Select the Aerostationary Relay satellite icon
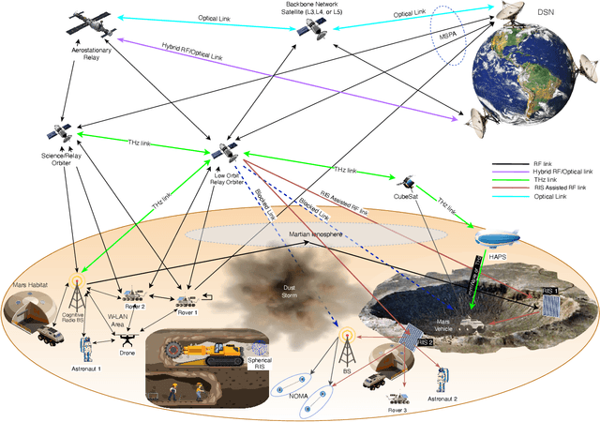click(x=92, y=28)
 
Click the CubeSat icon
click(x=409, y=181)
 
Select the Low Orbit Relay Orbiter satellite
click(x=223, y=151)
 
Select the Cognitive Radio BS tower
click(x=77, y=292)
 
